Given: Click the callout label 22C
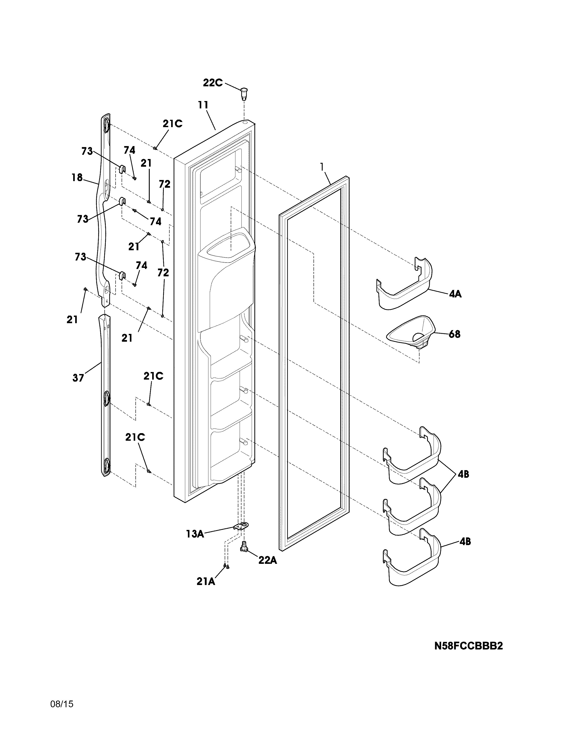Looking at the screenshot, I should pos(213,83).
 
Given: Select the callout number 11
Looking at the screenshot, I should pos(203,105).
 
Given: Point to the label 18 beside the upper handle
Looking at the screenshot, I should pos(77,177).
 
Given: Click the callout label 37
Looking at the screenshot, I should pos(78,378).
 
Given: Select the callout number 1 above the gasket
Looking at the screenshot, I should pos(322,166).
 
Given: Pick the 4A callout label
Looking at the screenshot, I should pos(455,294).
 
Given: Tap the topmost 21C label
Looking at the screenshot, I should pos(172,124).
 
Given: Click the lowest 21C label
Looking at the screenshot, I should pos(135,437).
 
